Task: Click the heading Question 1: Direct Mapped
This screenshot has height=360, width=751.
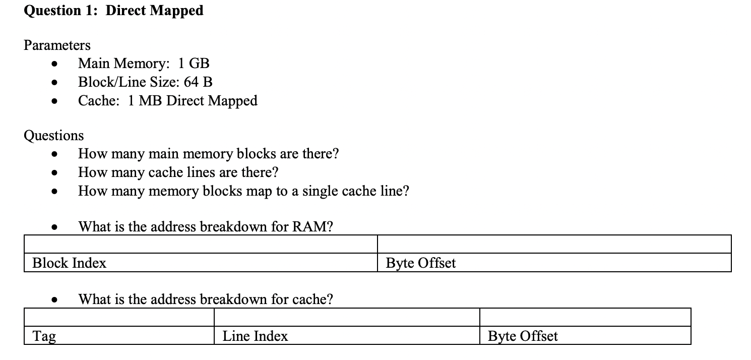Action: [x=113, y=11]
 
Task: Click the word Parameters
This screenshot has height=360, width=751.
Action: [x=57, y=45]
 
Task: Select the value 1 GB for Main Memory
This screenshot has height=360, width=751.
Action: [x=194, y=64]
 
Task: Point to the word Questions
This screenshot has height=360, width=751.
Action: [x=54, y=136]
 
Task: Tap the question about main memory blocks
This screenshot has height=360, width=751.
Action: [x=208, y=154]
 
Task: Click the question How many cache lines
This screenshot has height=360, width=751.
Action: [x=178, y=172]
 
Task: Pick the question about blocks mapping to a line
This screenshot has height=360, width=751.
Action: [x=243, y=191]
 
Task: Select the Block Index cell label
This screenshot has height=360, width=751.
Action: [x=69, y=263]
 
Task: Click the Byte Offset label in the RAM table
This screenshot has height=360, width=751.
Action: [x=420, y=263]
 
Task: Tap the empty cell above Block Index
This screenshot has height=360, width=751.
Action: [x=201, y=244]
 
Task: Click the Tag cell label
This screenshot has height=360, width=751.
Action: [x=44, y=336]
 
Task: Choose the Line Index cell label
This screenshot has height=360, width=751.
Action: [x=255, y=336]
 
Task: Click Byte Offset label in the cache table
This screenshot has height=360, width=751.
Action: [x=523, y=336]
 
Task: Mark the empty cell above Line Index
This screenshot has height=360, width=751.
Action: [x=347, y=318]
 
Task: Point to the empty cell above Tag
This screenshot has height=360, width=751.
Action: [x=119, y=318]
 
